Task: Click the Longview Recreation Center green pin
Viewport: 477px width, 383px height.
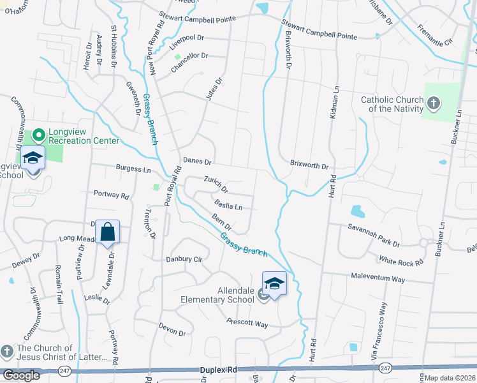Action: (38, 135)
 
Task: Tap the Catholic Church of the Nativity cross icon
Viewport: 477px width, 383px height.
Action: (433, 103)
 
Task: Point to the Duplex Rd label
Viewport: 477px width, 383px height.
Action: (218, 370)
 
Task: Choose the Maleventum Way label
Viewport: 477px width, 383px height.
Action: (378, 279)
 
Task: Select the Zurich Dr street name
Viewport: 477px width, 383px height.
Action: (216, 184)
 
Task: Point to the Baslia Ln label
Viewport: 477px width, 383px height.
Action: (229, 206)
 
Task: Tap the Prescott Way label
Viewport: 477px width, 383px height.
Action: (247, 323)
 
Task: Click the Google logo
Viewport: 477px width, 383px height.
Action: (21, 375)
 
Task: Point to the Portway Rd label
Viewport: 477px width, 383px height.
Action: (111, 193)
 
